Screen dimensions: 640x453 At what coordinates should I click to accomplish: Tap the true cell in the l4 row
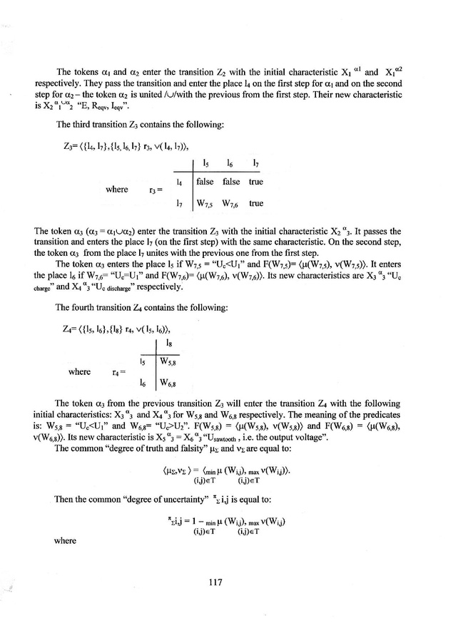tap(255, 182)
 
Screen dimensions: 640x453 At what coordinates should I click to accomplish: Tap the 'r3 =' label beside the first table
tap(155, 192)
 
